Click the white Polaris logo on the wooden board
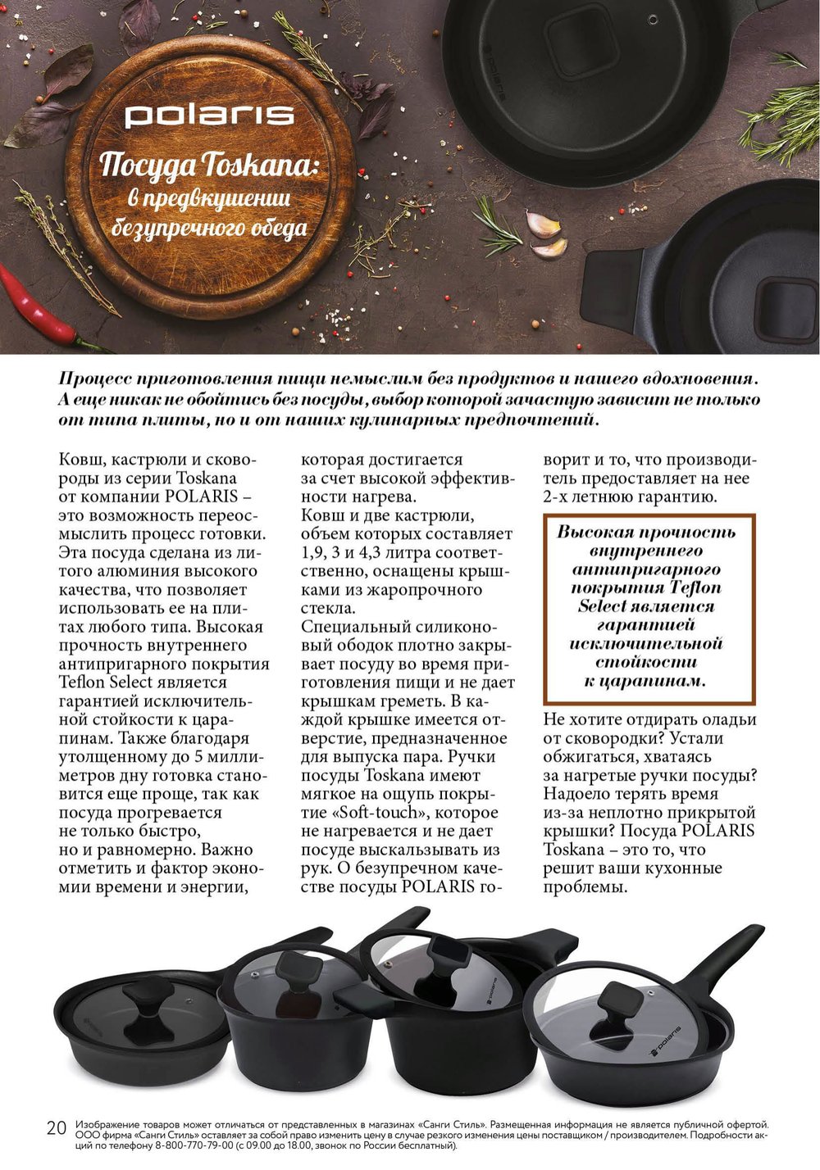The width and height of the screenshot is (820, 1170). tap(208, 116)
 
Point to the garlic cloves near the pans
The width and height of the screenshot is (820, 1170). tap(545, 234)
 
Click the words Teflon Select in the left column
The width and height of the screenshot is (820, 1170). tap(107, 682)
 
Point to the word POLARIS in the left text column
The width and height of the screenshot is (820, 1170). tap(201, 497)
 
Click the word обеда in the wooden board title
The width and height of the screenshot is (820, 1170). tap(279, 228)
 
